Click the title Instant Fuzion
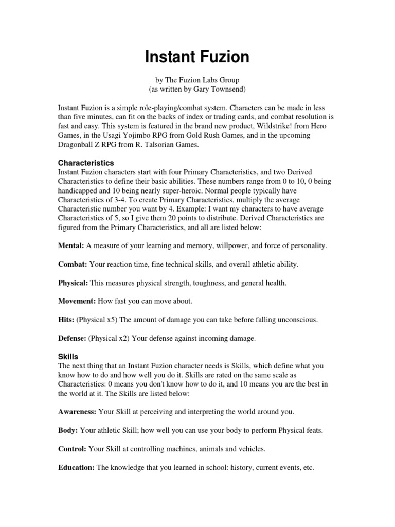[x=197, y=57]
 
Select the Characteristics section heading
[x=86, y=163]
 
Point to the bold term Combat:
[x=73, y=265]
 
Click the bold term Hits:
[x=66, y=320]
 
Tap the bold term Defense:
[x=72, y=338]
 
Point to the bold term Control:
[x=72, y=449]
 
